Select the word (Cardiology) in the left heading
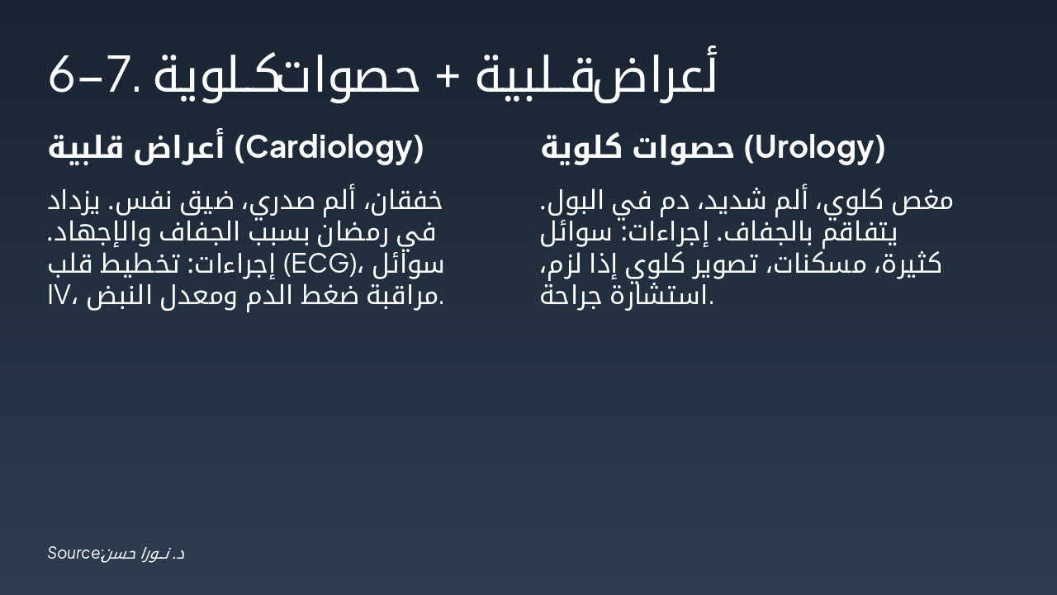(329, 148)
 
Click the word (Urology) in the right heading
(814, 148)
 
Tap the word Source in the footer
(73, 553)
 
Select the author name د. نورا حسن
(144, 553)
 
